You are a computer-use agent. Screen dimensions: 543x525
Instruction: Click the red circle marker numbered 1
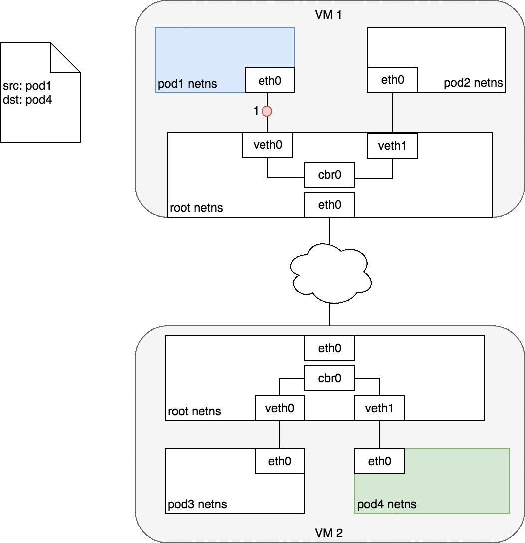[267, 111]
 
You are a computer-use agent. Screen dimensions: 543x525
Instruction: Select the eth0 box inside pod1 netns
[270, 80]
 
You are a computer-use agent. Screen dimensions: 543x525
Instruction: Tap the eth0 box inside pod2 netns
[392, 80]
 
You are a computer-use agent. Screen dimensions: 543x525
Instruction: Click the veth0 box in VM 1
[267, 145]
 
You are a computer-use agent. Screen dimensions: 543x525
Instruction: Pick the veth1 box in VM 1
[392, 146]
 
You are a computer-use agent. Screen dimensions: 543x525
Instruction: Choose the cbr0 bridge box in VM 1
[330, 175]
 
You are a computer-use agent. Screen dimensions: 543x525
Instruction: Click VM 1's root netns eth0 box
[330, 205]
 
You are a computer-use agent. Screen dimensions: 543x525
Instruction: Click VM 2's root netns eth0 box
[330, 348]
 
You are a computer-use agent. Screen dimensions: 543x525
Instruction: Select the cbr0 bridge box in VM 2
[330, 378]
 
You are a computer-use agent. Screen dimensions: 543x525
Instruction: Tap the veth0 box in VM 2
[280, 408]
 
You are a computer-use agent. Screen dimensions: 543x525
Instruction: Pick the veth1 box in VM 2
[380, 408]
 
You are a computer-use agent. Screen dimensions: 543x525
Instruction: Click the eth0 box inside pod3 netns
[280, 461]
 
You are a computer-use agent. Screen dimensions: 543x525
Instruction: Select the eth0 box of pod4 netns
[380, 461]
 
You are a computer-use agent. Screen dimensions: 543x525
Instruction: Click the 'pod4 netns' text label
[387, 504]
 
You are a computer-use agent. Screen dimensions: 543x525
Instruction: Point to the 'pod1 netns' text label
[188, 84]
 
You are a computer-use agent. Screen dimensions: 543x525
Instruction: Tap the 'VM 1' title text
[329, 14]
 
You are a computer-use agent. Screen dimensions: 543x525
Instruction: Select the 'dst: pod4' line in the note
[27, 100]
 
